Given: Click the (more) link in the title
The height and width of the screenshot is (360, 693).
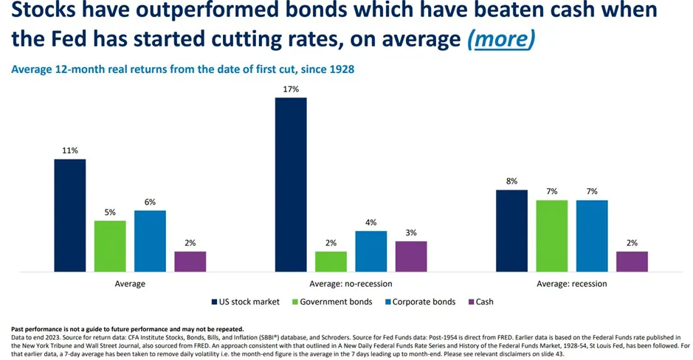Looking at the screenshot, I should [x=501, y=39].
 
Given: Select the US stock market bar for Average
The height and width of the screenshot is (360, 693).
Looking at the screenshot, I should [x=69, y=215].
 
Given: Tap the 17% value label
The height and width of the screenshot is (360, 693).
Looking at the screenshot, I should [x=290, y=89].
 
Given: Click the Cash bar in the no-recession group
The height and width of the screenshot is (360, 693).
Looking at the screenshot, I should [x=411, y=257].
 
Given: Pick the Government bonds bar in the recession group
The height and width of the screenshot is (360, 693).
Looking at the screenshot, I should [x=552, y=236].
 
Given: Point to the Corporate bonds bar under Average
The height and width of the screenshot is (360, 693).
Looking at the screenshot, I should [x=150, y=241].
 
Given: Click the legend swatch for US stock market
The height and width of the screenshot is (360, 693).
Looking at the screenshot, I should [x=213, y=302].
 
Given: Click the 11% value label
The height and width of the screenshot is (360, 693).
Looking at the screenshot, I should [x=69, y=150].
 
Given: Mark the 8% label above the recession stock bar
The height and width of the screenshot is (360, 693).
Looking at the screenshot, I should [x=511, y=181].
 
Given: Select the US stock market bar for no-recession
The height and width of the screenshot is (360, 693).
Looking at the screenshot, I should [x=290, y=184].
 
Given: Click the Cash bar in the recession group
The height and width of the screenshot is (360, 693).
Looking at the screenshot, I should [x=632, y=262].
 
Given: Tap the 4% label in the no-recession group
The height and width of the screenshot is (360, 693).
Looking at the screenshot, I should [x=370, y=222].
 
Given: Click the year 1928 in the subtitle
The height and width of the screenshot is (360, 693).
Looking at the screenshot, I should [x=337, y=69].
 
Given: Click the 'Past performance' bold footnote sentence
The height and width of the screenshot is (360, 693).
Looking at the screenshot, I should [x=127, y=328].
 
